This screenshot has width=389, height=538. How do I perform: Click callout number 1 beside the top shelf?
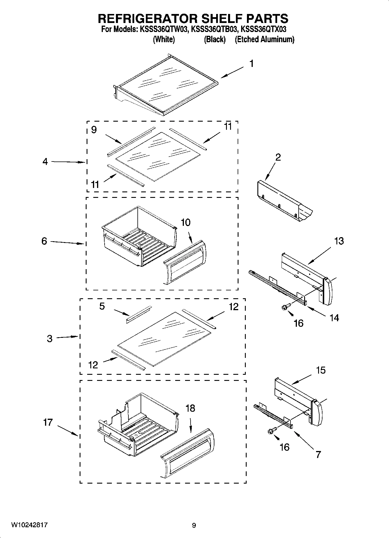point(252,63)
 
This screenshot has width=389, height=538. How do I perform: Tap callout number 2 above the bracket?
point(278,157)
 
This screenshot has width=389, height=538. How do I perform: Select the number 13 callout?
point(339,241)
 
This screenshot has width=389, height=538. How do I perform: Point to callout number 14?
point(334,318)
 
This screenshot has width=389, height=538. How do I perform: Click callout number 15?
point(321,370)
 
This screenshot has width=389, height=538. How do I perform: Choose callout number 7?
point(318,454)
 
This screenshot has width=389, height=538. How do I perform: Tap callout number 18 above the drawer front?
point(190,408)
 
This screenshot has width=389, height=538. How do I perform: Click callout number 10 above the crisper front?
point(186,223)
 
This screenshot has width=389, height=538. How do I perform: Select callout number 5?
point(102,306)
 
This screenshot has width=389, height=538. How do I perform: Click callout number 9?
point(94,130)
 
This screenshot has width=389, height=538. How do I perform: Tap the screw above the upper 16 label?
point(285,307)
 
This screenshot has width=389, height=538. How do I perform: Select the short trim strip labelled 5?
point(139,315)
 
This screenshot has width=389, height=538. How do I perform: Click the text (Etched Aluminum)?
point(264,40)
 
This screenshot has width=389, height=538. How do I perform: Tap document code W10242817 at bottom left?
point(30,525)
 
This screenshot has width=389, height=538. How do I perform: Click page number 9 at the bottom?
point(194,525)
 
